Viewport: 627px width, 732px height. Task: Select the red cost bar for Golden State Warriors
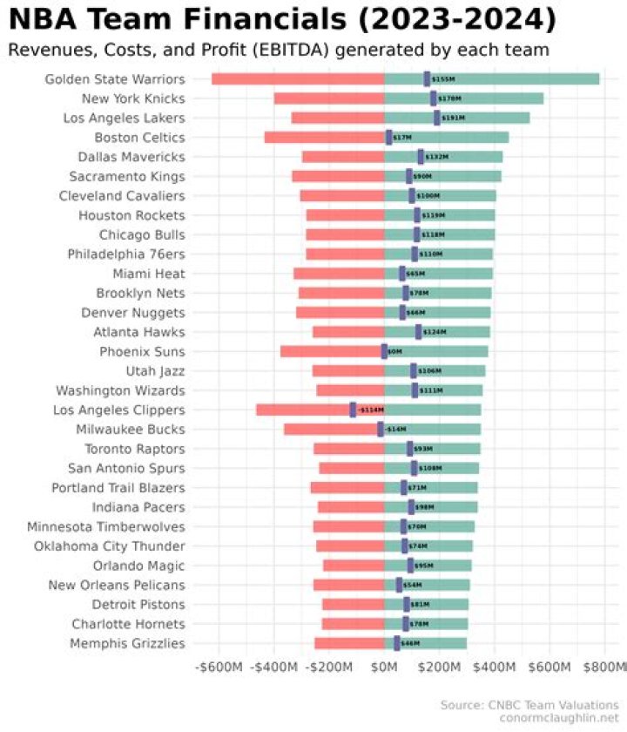coord(296,79)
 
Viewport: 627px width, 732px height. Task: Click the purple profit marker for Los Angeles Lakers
coord(436,118)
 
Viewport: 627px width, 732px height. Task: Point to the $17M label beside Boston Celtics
coord(402,138)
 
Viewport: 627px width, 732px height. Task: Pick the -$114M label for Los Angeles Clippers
coord(371,410)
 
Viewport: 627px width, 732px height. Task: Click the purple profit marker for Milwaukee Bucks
coord(381,429)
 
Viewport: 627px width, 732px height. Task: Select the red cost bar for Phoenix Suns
coord(331,351)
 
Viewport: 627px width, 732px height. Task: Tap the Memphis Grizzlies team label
coord(128,643)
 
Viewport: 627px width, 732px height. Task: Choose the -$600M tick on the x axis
coord(220,668)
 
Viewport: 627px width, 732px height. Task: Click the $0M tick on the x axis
coord(384,668)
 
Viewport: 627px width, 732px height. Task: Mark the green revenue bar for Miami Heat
coord(462,274)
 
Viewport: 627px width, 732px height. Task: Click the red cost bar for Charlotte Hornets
coord(353,624)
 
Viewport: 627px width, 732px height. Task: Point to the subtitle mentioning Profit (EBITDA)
coord(279,50)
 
